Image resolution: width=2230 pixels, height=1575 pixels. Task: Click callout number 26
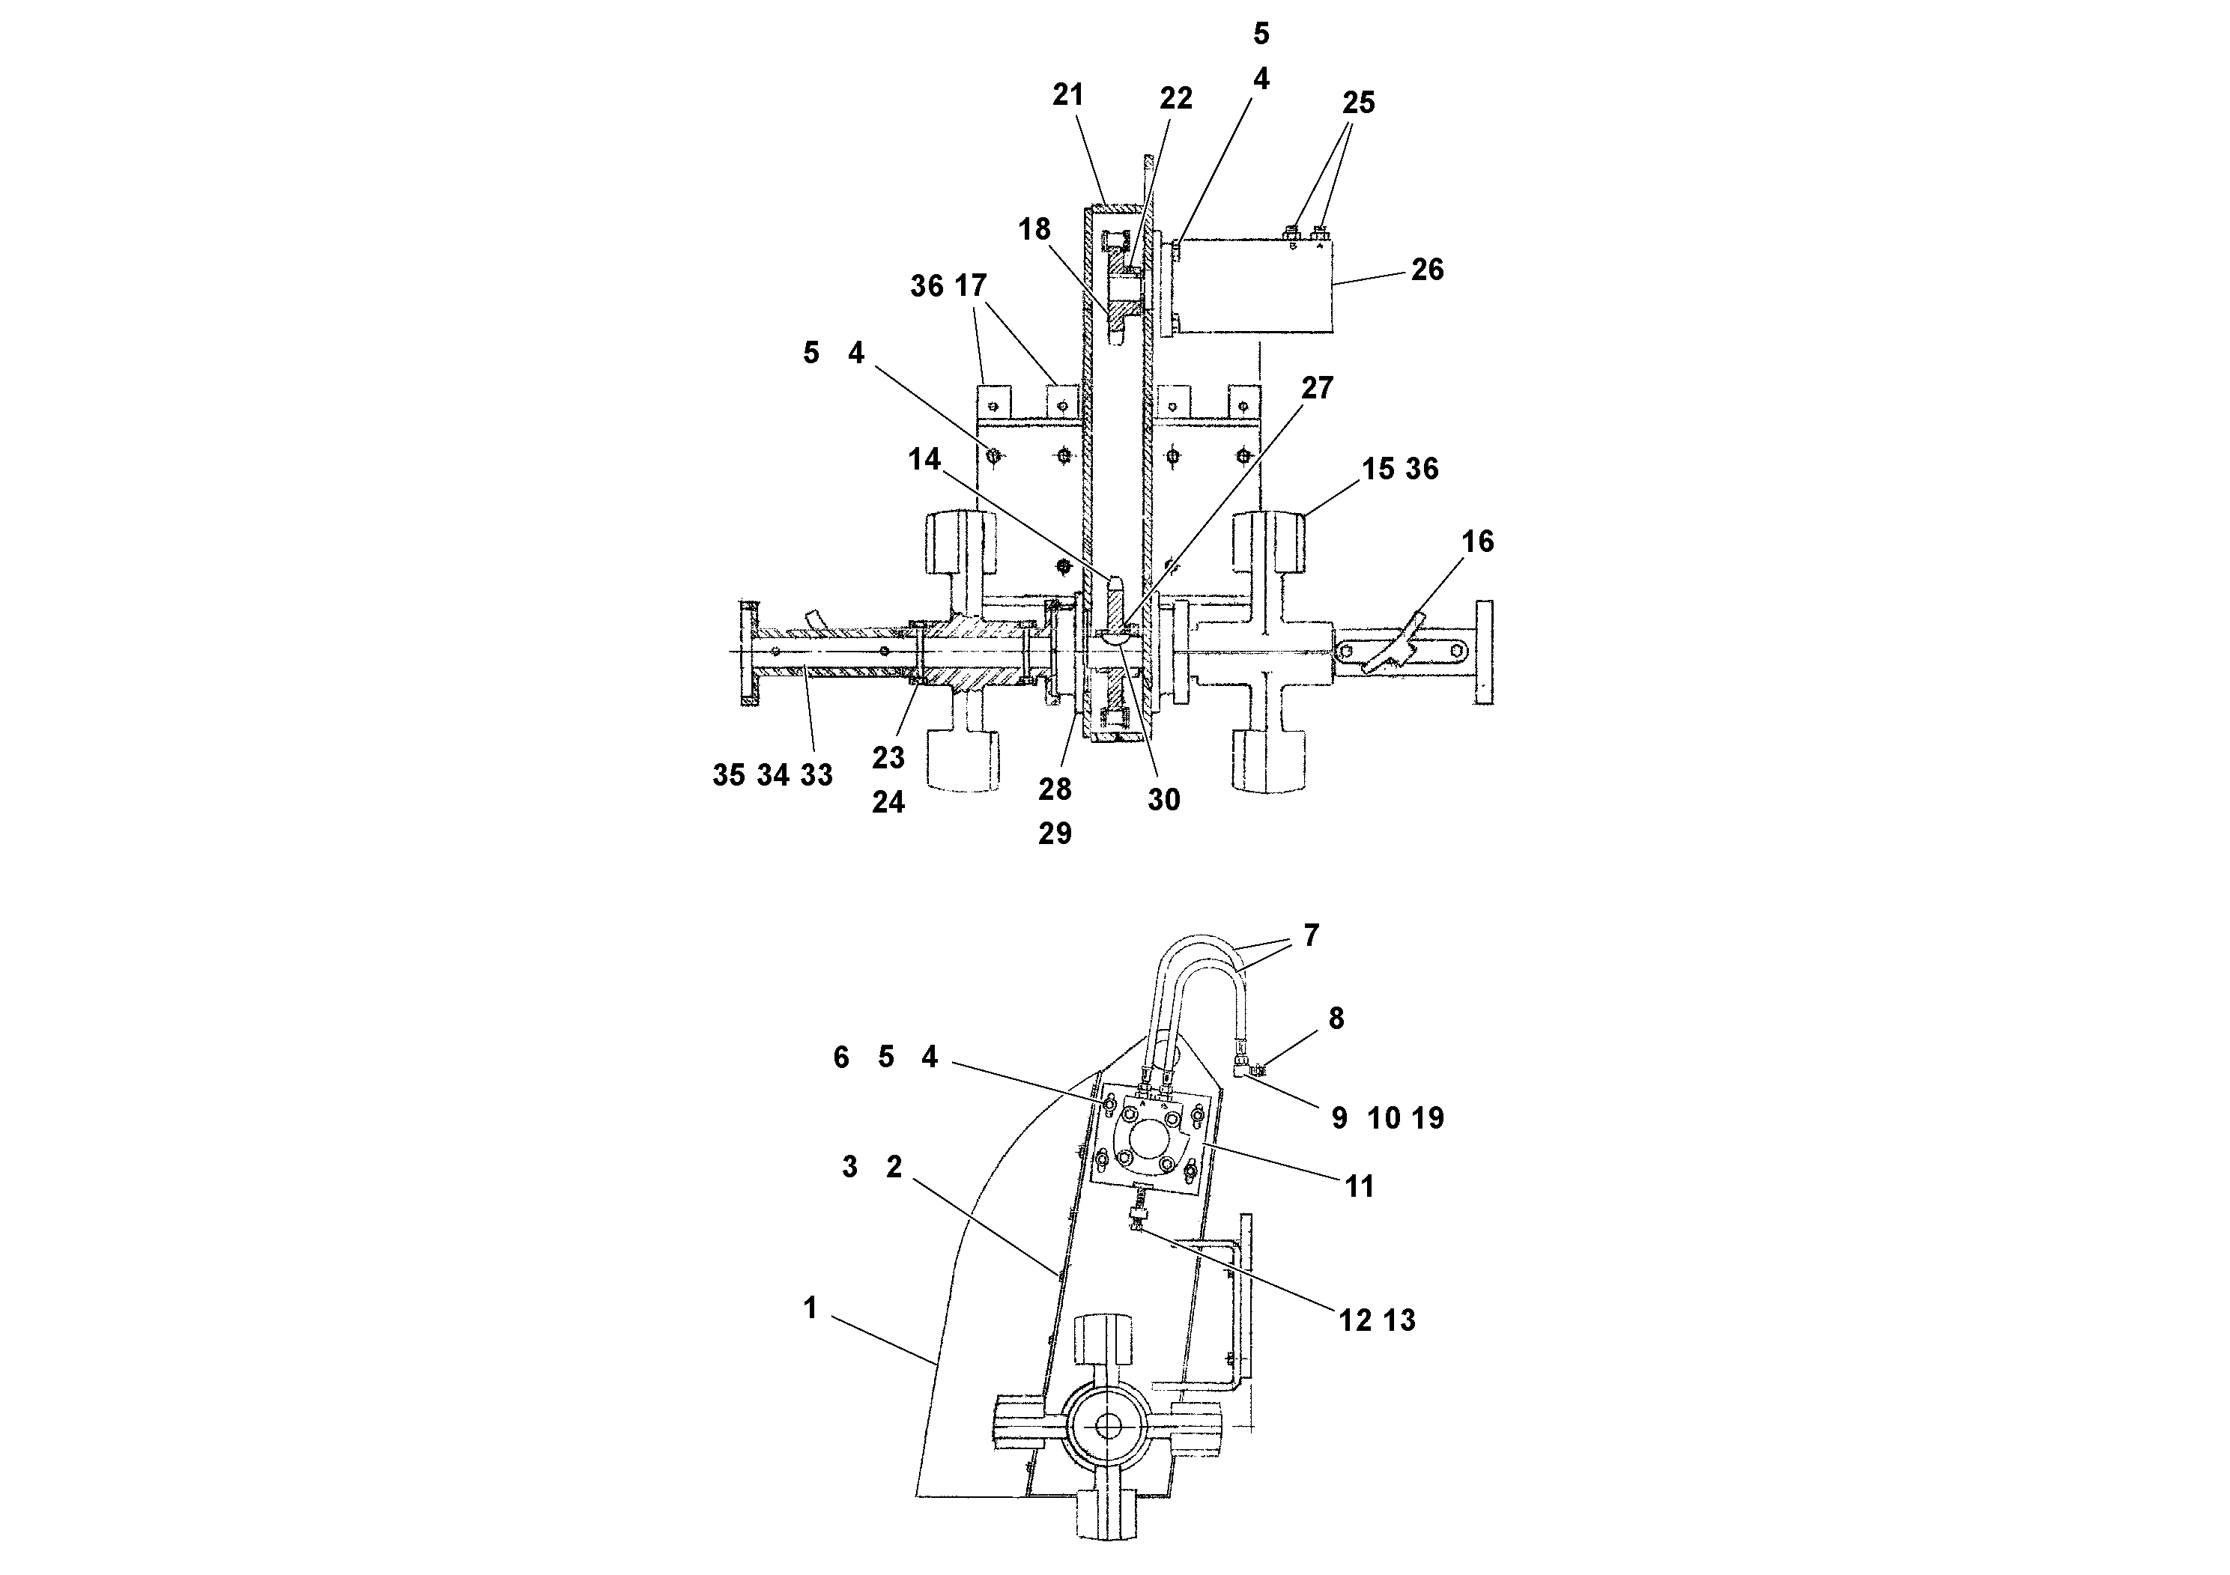(x=1427, y=270)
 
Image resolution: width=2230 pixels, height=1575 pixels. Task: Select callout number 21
(x=1067, y=95)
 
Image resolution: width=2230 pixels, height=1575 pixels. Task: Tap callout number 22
(x=1175, y=98)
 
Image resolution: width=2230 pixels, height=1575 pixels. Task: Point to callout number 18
(x=1034, y=229)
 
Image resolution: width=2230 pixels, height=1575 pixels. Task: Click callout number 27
(x=1317, y=389)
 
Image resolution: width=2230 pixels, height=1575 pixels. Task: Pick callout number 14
(x=924, y=459)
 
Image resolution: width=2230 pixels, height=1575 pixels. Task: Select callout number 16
(x=1477, y=541)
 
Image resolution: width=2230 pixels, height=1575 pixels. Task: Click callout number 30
(x=1163, y=800)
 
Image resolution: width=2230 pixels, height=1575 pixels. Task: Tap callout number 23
(x=888, y=757)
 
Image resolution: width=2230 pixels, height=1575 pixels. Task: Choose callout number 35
(x=728, y=776)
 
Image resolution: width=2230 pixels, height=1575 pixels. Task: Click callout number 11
(x=1359, y=1186)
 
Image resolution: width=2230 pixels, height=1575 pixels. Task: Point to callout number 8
(x=1336, y=1019)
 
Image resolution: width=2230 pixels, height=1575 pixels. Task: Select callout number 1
(x=810, y=1309)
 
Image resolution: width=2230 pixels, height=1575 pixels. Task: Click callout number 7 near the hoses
(x=1311, y=935)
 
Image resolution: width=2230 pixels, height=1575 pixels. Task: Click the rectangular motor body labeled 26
(x=1253, y=286)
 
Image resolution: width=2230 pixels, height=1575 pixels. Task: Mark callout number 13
(x=1399, y=1320)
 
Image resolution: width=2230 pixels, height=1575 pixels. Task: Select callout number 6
(x=841, y=1057)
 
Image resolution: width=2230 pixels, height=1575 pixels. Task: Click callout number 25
(x=1358, y=103)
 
